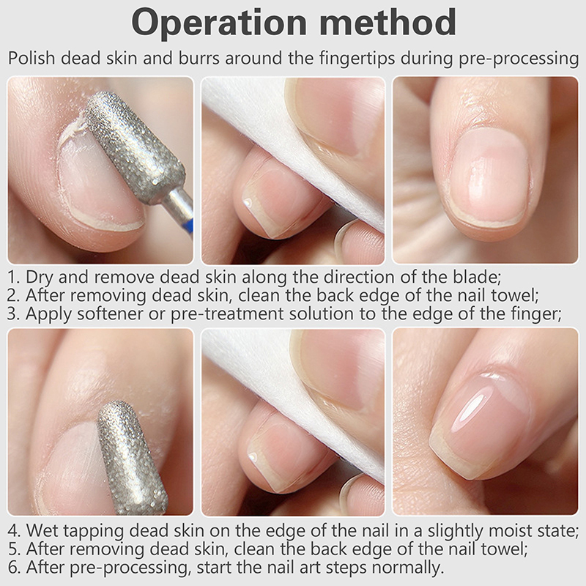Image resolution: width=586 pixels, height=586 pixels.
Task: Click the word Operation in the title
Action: point(219,23)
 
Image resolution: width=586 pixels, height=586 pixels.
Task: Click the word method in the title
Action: point(387,22)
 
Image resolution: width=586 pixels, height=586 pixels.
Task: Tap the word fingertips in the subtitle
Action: point(358,59)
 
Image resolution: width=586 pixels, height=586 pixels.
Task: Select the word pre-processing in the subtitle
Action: point(519,59)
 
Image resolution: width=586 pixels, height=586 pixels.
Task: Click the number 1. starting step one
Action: point(13,278)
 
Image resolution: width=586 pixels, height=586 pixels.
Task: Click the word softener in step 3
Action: point(110,314)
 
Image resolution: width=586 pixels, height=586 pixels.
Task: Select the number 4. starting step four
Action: point(14,530)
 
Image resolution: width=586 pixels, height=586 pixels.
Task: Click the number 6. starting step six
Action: point(14,567)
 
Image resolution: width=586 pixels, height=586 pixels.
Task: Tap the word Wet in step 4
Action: point(41,530)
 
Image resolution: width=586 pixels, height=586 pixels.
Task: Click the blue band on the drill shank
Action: point(190,227)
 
